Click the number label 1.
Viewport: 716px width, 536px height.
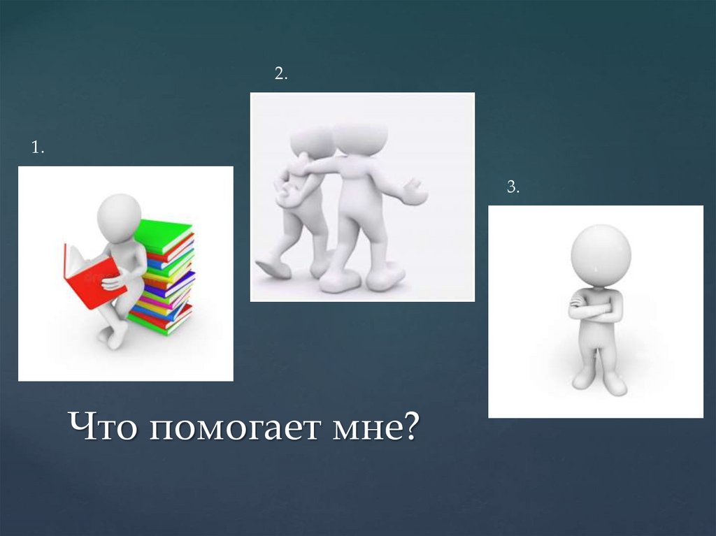(x=36, y=148)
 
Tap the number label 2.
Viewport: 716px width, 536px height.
(x=280, y=75)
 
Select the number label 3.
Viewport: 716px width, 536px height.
(x=513, y=187)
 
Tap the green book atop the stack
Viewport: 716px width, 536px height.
(x=164, y=234)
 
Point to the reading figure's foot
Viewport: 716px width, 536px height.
(x=115, y=338)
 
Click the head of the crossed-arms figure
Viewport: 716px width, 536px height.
(x=601, y=254)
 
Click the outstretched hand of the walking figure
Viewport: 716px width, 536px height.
(x=414, y=192)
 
